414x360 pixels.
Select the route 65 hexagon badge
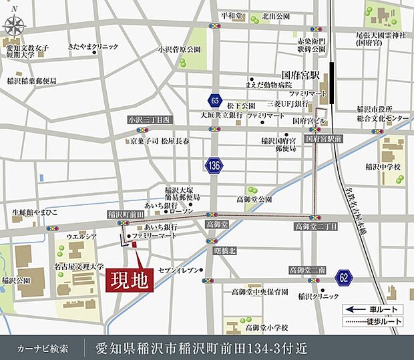click(214, 100)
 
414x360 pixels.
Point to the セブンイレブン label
click(178, 269)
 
